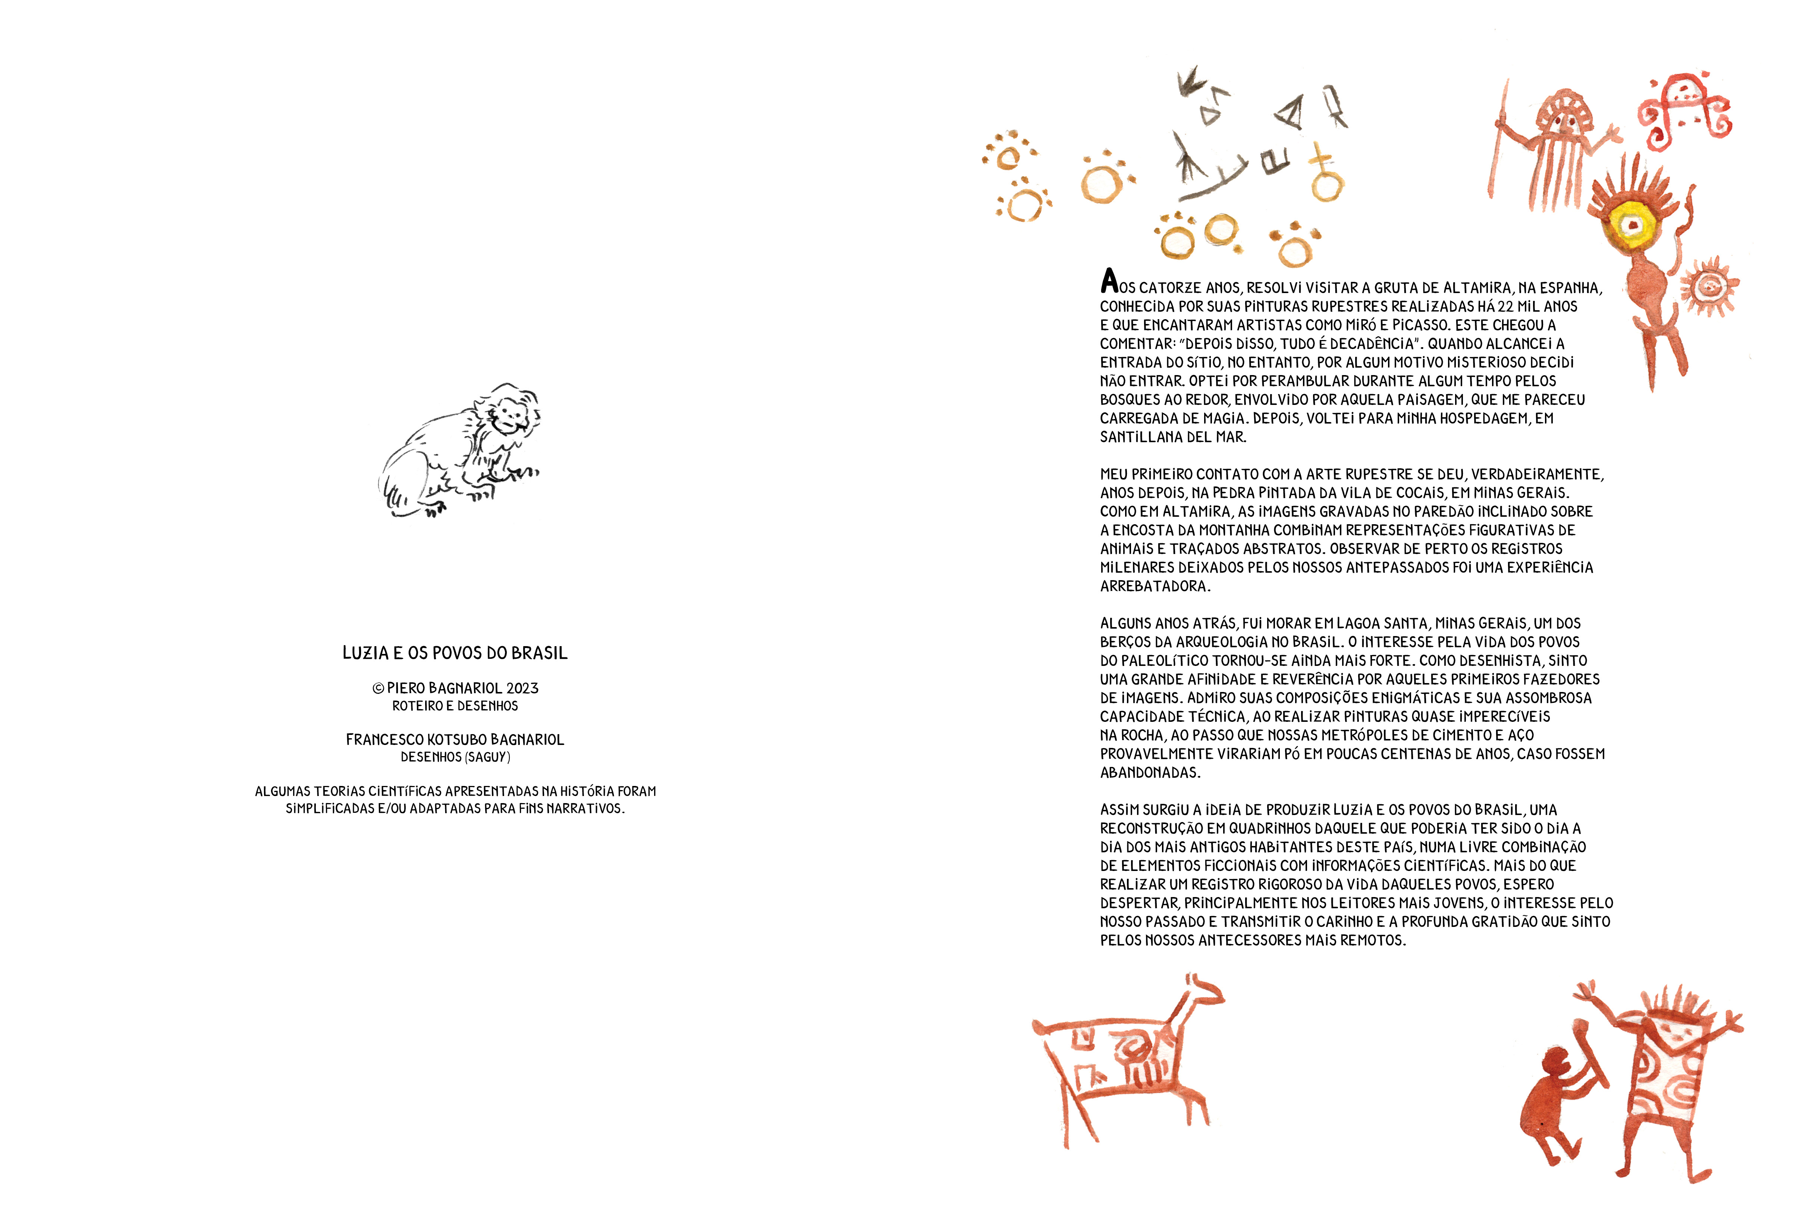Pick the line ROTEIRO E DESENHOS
pos(455,706)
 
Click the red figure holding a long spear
pos(1553,147)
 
